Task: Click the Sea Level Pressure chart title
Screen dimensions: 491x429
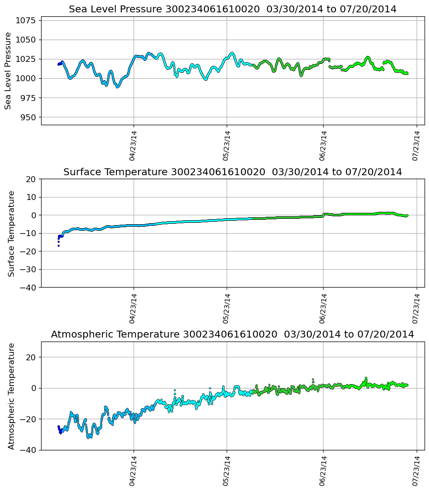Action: click(233, 9)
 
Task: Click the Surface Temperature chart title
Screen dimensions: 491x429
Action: click(233, 172)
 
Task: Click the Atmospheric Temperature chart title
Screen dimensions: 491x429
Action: click(233, 334)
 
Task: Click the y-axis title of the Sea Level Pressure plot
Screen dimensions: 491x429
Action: click(8, 70)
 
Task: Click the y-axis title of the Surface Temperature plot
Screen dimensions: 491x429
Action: click(11, 233)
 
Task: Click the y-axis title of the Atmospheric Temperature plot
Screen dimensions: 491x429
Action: click(11, 395)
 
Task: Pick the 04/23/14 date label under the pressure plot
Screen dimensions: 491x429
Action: click(133, 146)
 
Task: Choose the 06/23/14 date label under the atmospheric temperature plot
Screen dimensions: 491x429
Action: click(323, 471)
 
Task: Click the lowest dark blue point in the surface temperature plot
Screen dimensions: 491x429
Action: click(58, 245)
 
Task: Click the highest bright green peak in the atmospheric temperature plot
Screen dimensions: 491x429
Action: click(366, 378)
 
